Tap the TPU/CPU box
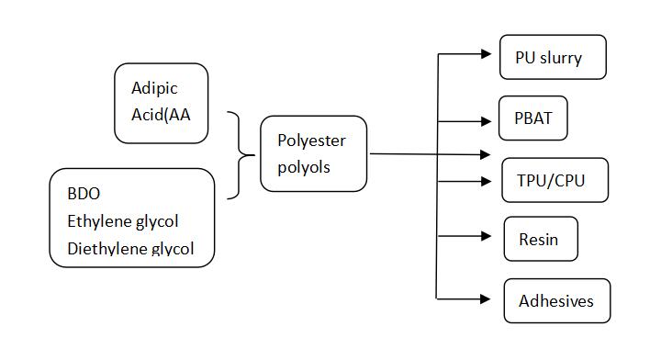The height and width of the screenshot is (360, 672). [x=543, y=180]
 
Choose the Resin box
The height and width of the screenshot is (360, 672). [x=541, y=240]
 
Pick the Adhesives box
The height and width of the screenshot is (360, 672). [x=556, y=301]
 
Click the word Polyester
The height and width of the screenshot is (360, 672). [x=310, y=141]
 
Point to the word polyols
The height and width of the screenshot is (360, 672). [x=303, y=167]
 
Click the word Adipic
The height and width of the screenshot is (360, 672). [x=154, y=89]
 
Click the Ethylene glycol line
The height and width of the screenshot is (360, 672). [x=122, y=221]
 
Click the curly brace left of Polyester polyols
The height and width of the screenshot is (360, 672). [x=241, y=155]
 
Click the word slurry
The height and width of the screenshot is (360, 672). [x=561, y=58]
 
